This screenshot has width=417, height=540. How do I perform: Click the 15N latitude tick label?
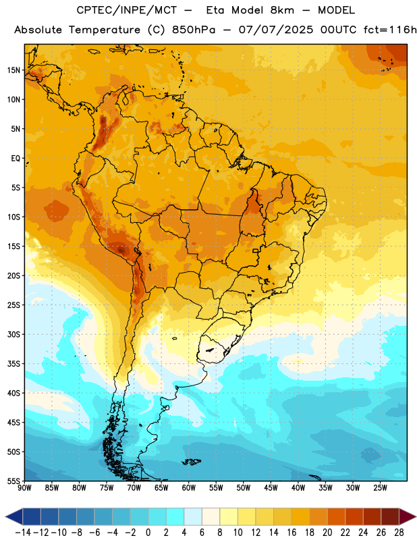pos(13,70)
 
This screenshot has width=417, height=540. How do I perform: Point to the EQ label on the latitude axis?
pos(16,159)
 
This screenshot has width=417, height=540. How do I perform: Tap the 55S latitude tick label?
pos(13,481)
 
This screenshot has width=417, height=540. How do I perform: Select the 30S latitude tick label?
pos(13,334)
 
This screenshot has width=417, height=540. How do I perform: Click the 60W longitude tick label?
pos(189,488)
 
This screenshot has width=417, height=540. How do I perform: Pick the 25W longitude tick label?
pos(380,488)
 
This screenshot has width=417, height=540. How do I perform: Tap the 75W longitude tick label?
pos(107,488)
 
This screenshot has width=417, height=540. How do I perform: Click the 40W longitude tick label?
pos(298,488)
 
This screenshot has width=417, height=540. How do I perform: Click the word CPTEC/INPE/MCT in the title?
pos(127,10)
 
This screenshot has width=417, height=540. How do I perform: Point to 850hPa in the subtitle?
pos(194,30)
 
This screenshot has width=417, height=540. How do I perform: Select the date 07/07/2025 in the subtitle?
pos(276,30)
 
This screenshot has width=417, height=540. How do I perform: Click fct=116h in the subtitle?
pos(390,30)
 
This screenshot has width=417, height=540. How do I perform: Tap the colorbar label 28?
pos(399,533)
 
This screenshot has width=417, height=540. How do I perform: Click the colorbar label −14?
pos(23,533)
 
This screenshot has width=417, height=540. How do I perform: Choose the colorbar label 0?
pos(148,533)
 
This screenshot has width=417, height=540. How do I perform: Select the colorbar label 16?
pos(291,533)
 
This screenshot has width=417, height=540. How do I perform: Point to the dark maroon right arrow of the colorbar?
pos(407,516)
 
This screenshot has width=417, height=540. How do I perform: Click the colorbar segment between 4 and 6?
pos(193,516)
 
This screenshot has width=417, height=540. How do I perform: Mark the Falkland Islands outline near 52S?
pos(192,462)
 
